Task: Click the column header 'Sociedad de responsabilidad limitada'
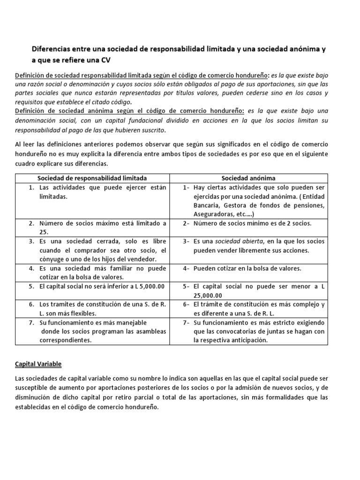click(92, 178)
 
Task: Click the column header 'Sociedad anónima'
click(248, 178)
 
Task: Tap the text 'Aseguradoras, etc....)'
click(224, 214)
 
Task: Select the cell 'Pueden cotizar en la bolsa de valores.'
click(247, 268)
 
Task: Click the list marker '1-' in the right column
click(186, 187)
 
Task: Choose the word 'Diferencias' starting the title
click(51, 48)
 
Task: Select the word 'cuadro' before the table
click(26, 164)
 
